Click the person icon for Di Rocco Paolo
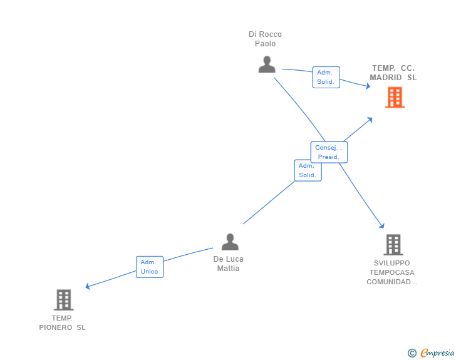pos(267,64)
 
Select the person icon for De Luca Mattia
pos(230,242)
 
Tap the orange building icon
pos(395,98)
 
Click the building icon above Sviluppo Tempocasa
pos(393,245)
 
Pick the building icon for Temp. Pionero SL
pos(64,300)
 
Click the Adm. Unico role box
pos(150,267)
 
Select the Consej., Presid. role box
pos(329,152)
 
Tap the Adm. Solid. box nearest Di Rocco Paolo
pos(326,77)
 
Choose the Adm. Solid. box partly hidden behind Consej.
pos(308,170)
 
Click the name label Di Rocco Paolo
pos(265,39)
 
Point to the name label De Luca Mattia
pos(228,264)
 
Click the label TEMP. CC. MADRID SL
pos(393,73)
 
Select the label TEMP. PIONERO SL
pos(62,323)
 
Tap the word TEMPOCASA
pos(391,272)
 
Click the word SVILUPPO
pos(391,263)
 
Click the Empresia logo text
pos(437,352)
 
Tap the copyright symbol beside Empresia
pos(412,353)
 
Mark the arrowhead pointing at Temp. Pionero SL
pos(88,286)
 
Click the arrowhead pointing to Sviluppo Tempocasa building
pos(382,225)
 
